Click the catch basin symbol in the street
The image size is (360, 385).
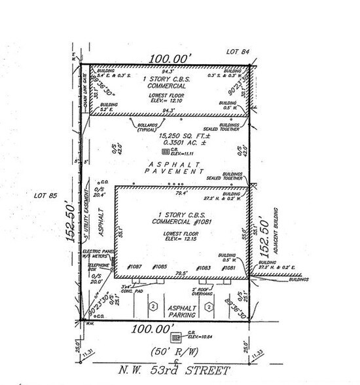coord(175,338)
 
